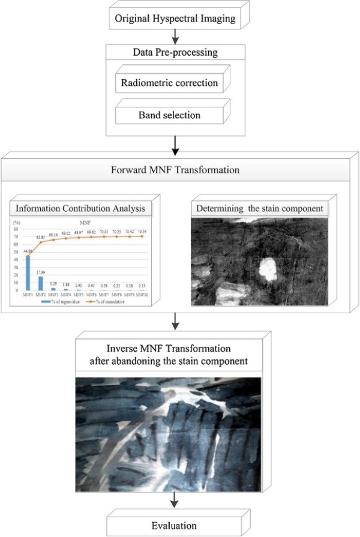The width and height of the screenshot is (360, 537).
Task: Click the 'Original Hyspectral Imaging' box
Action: pyautogui.click(x=174, y=19)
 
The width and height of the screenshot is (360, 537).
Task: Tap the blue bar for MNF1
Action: pyautogui.click(x=28, y=274)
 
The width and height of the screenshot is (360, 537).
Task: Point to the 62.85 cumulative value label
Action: pyautogui.click(x=42, y=238)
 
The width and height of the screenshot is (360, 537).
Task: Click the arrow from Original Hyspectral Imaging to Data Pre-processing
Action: pyautogui.click(x=174, y=38)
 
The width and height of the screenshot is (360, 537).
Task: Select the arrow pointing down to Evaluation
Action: pyautogui.click(x=174, y=499)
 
